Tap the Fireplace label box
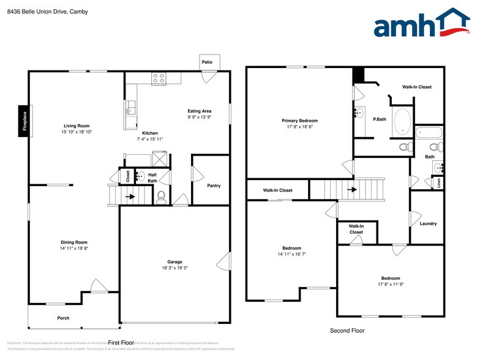(25, 120)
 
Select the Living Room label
(77, 126)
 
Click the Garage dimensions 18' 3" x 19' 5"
(174, 268)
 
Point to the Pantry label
(214, 186)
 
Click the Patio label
(208, 62)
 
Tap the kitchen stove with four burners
(159, 78)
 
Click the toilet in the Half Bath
(162, 196)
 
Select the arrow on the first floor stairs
(129, 197)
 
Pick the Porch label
(63, 318)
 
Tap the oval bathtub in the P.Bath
(402, 121)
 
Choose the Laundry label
(428, 223)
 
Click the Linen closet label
(439, 182)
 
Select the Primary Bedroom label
(299, 121)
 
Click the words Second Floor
(347, 331)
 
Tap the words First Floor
(121, 343)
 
